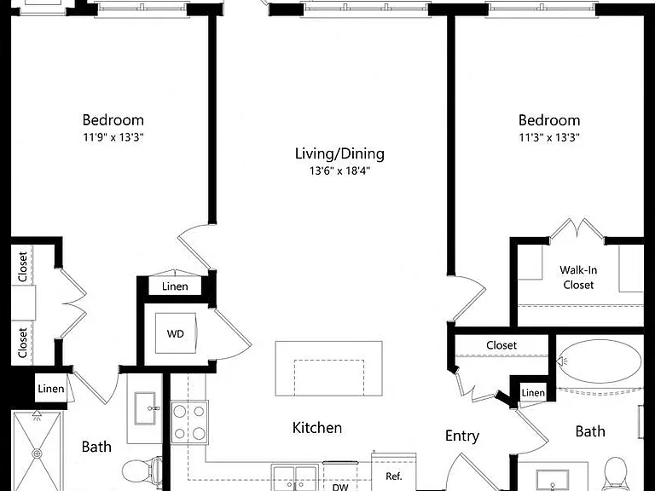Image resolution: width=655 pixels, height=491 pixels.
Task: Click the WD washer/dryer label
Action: click(x=176, y=333)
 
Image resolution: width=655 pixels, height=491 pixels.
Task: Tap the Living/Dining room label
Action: click(x=339, y=153)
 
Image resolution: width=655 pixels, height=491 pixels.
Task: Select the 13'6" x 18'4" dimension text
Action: click(x=339, y=170)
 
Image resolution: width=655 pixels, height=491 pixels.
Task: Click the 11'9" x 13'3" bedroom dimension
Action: click(x=113, y=137)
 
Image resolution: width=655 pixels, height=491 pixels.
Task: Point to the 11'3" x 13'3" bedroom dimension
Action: click(x=549, y=137)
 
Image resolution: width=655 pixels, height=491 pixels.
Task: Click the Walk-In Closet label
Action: click(x=578, y=277)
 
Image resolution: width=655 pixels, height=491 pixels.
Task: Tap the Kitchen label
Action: click(x=317, y=428)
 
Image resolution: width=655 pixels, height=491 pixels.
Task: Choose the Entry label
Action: click(x=462, y=436)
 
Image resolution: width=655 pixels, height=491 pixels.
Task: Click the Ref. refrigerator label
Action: click(x=393, y=476)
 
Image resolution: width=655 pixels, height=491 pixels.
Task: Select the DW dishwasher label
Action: click(x=340, y=487)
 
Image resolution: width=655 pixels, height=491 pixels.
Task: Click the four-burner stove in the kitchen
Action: click(x=189, y=423)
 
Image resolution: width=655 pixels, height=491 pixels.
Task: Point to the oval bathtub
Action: click(x=600, y=361)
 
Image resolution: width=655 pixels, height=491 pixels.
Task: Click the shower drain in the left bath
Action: click(x=37, y=453)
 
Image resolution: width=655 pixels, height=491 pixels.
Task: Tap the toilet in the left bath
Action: click(x=142, y=471)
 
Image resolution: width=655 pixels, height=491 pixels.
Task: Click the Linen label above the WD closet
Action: click(x=175, y=286)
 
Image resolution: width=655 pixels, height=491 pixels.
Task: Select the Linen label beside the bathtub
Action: click(x=533, y=393)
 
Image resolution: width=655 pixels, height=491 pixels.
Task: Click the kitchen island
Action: click(x=328, y=368)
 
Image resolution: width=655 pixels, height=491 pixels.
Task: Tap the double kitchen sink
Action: click(x=294, y=477)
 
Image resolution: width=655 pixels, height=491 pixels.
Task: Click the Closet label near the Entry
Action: click(x=501, y=345)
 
